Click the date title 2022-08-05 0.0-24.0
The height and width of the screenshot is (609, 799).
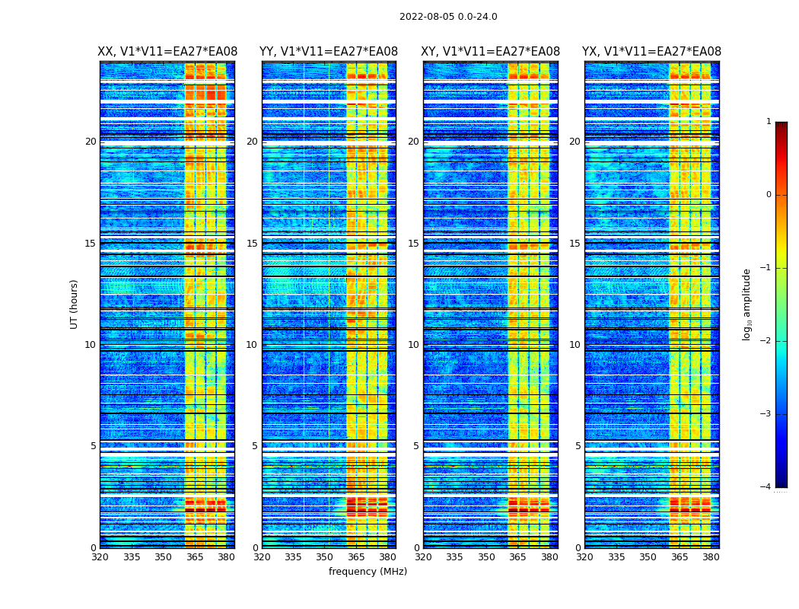[448, 17]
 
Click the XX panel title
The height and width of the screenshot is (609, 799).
[167, 52]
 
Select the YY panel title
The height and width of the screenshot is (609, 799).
[329, 52]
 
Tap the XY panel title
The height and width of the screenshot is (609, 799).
[491, 52]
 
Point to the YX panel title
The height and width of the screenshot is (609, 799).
[651, 52]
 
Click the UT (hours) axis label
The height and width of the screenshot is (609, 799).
[75, 304]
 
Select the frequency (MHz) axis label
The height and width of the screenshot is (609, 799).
[368, 572]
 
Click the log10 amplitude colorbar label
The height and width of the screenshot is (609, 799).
[747, 304]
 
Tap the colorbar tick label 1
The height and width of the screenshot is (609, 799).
[769, 122]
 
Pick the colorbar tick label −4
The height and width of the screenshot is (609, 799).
[767, 487]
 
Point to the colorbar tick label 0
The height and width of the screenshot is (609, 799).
[769, 195]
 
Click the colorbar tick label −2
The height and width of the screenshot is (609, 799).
[767, 341]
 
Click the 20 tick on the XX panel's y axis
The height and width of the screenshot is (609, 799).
[91, 142]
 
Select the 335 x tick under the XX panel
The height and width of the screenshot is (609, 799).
[132, 557]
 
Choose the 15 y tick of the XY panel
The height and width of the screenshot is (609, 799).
[413, 244]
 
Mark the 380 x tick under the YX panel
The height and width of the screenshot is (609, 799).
[711, 557]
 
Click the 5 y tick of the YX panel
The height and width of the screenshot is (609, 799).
[578, 446]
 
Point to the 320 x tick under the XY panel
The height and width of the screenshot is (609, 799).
[423, 557]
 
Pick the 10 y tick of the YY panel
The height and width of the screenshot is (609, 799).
[252, 345]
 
